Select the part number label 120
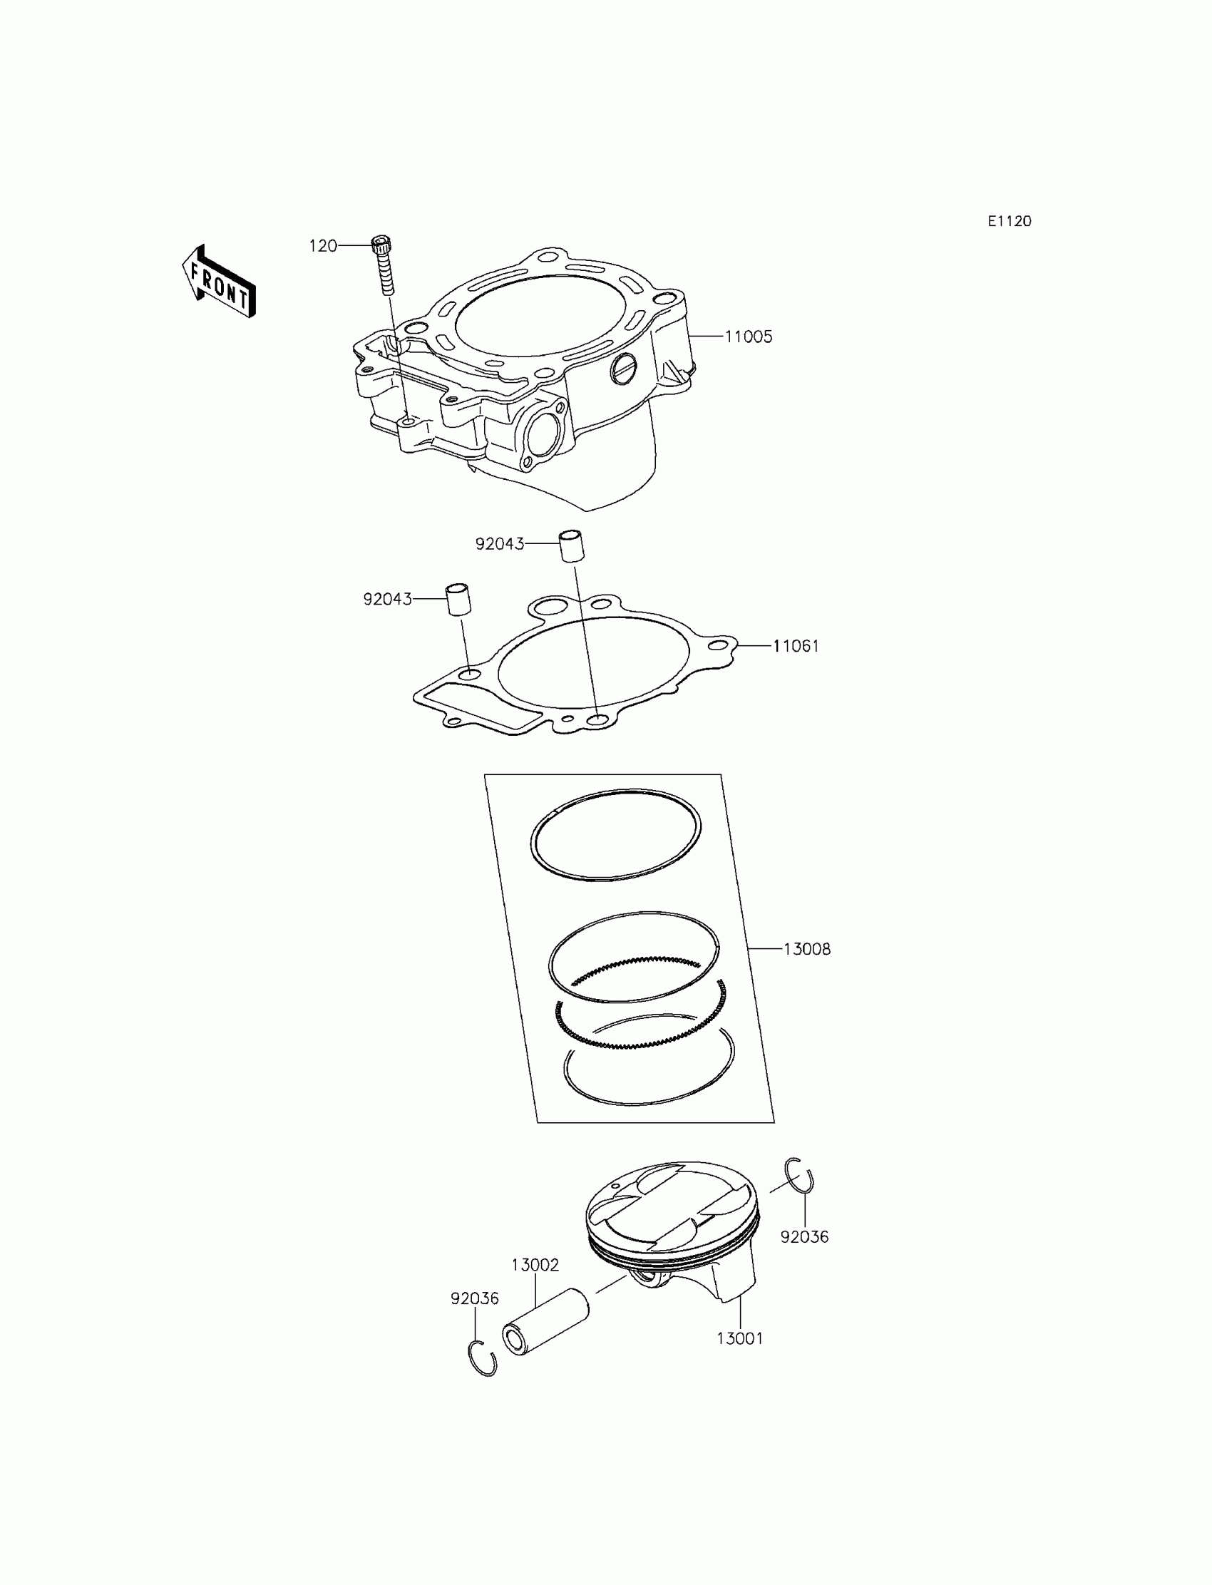tap(322, 246)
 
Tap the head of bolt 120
tap(381, 244)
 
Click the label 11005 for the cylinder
tap(748, 337)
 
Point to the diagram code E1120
tap(1010, 222)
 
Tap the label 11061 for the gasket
tap(796, 647)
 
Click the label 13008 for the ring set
tap(806, 950)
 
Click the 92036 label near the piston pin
tap(475, 1298)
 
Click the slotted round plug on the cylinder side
tap(623, 369)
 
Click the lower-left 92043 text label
tap(387, 600)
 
